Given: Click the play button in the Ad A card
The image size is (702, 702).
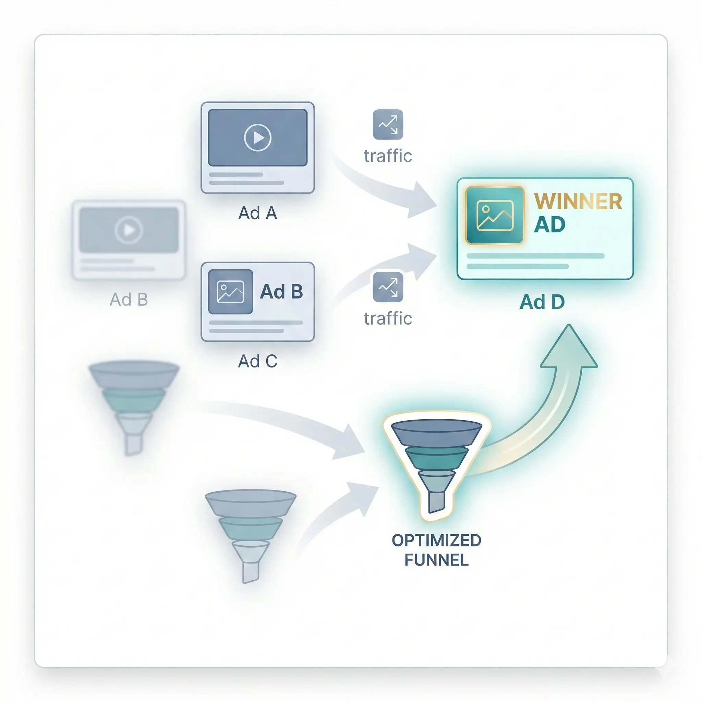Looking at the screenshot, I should click(x=258, y=138).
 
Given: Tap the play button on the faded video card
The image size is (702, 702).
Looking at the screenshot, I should click(x=128, y=230).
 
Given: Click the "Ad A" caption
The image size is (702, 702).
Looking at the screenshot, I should click(x=258, y=213).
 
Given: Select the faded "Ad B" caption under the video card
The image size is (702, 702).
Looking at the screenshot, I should click(x=129, y=300).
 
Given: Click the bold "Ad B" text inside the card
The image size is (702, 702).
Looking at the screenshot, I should click(x=281, y=292).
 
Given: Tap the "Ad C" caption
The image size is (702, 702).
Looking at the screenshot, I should click(x=258, y=361).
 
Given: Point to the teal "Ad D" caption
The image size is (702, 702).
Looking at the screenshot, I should click(x=542, y=302).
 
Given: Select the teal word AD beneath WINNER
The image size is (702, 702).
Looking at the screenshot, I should click(x=549, y=225).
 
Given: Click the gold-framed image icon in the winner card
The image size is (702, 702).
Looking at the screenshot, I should click(x=495, y=216).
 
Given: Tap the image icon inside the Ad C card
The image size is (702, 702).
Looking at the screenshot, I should click(x=230, y=292).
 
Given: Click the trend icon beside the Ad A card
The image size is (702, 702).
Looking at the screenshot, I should click(x=388, y=124).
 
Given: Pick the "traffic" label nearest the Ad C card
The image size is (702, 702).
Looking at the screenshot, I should click(x=388, y=319).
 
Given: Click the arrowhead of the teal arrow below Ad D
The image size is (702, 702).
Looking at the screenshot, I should click(x=569, y=349).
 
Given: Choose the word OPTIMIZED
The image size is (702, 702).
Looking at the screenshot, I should click(x=436, y=540).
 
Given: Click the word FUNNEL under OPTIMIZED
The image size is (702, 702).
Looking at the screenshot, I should click(x=436, y=560).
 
